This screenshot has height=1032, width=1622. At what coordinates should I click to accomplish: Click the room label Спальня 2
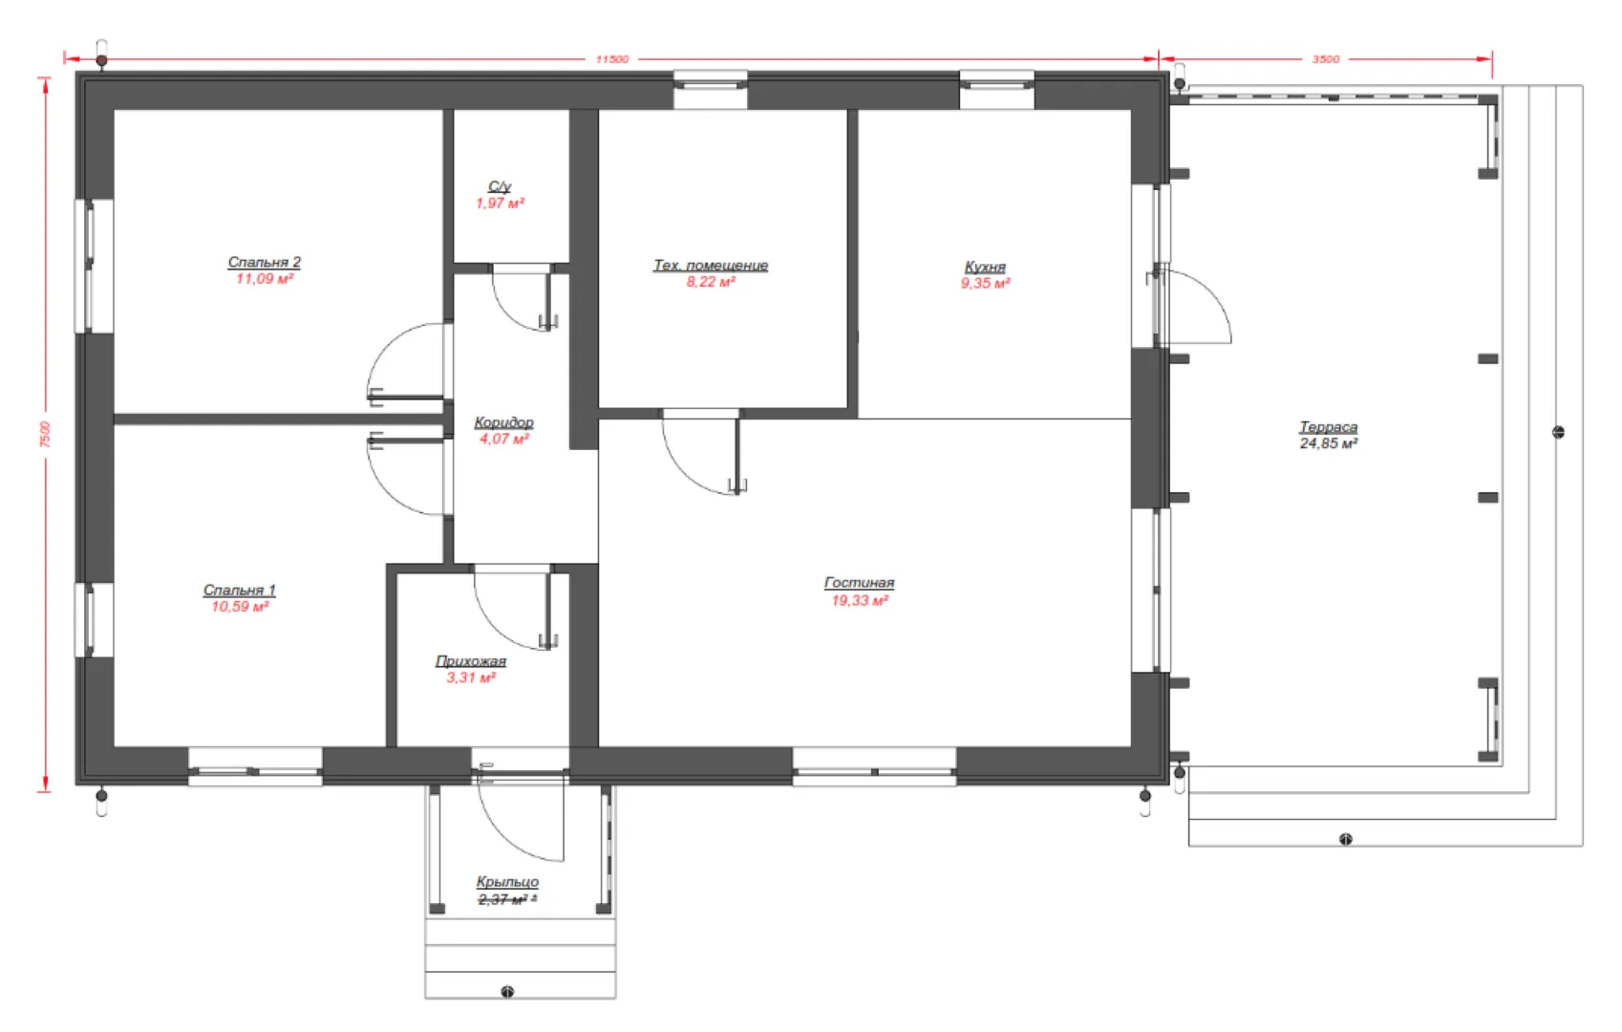[x=264, y=262]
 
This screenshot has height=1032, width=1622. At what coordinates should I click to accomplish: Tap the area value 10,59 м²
[x=240, y=607]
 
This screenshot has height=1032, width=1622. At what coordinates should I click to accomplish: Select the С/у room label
[x=500, y=187]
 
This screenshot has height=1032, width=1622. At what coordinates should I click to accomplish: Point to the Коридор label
[x=504, y=422]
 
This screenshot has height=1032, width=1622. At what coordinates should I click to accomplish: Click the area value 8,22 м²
[x=711, y=282]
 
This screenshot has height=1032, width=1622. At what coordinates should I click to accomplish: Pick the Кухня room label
[x=985, y=268]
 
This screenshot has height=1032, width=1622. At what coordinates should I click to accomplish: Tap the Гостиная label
[x=859, y=583]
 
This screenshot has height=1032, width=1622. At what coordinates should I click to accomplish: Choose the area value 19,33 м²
[x=860, y=600]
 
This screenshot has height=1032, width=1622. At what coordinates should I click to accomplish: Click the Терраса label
[x=1328, y=427]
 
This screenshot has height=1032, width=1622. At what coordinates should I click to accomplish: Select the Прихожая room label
[x=471, y=661]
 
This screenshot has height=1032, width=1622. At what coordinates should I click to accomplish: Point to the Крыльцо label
[x=507, y=882]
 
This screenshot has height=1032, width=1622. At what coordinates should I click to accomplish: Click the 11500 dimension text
[x=612, y=59]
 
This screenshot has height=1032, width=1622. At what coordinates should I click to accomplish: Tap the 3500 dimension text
[x=1326, y=59]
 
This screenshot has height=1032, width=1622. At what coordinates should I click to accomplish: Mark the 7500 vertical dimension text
[x=45, y=435]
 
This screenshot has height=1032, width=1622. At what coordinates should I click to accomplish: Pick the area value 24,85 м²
[x=1329, y=444]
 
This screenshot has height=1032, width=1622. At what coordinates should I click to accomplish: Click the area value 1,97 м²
[x=500, y=204]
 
